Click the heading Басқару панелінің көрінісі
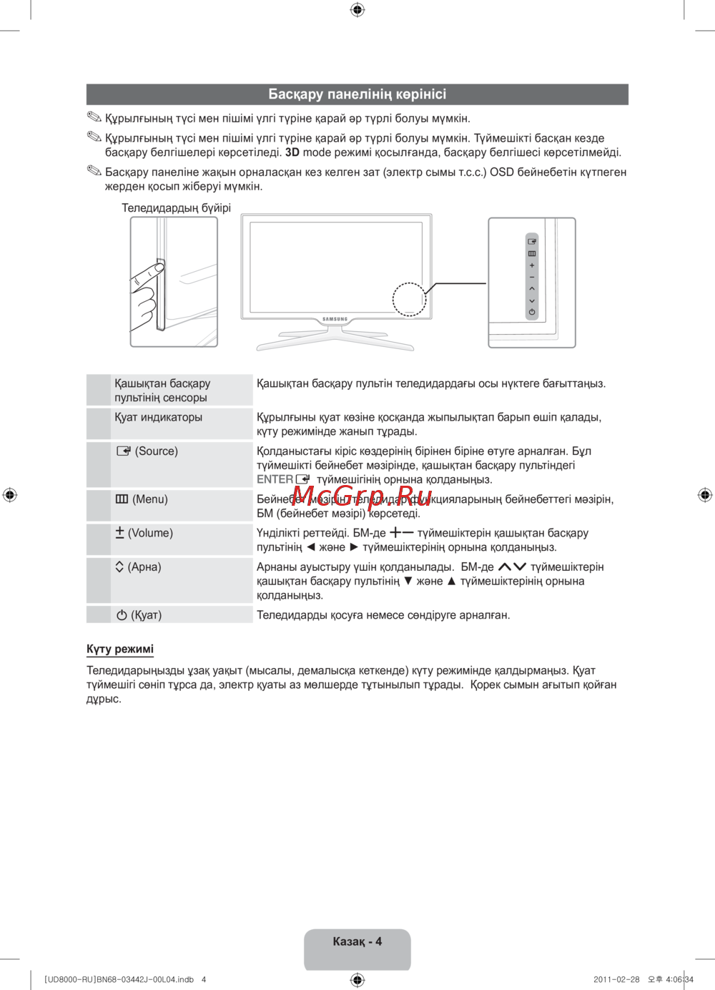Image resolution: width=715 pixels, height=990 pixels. (x=357, y=94)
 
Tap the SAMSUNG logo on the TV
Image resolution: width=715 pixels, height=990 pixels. (x=335, y=319)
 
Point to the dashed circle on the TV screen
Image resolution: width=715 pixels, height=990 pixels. (x=409, y=299)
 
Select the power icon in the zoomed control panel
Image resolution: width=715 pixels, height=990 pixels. (x=532, y=312)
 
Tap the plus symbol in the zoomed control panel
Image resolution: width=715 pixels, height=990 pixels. (x=532, y=265)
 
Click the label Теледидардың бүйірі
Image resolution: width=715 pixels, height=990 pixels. (x=176, y=208)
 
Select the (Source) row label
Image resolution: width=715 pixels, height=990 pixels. (x=148, y=451)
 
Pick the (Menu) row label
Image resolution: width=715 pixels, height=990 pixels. (x=142, y=499)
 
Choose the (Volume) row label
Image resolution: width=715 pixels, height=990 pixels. (x=144, y=533)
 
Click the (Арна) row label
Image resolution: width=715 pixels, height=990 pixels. (x=138, y=567)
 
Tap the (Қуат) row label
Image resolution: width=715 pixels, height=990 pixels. (x=139, y=615)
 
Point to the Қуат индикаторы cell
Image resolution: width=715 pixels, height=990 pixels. (x=158, y=417)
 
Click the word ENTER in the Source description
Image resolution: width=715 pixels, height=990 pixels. (x=275, y=479)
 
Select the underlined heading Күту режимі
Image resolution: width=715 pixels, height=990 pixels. (x=120, y=650)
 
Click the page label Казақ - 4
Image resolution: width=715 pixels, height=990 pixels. (x=357, y=941)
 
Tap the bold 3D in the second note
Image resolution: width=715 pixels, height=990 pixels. (x=292, y=152)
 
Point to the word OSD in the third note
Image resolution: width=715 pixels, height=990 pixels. (x=501, y=172)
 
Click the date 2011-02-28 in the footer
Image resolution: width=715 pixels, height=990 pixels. (x=616, y=980)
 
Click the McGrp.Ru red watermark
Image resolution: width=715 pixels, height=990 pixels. (x=362, y=496)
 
